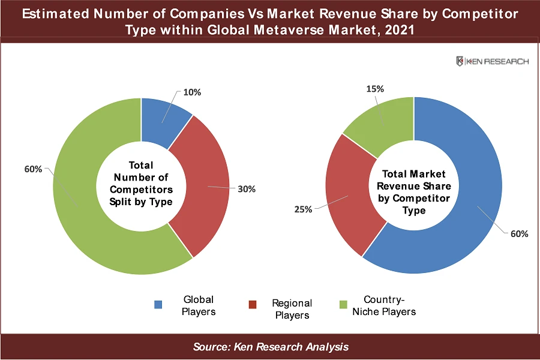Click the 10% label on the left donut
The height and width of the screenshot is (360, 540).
(193, 92)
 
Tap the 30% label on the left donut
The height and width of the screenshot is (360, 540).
(247, 189)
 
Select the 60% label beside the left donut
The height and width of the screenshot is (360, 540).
(33, 169)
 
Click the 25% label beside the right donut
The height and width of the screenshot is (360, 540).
(303, 209)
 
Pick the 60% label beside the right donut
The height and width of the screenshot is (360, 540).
(520, 233)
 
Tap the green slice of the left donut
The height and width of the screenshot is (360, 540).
(84, 198)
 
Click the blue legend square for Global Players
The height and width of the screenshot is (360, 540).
(158, 304)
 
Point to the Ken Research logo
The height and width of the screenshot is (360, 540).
(492, 61)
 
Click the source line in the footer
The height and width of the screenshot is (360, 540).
(271, 347)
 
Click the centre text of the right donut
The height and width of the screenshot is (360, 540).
(414, 192)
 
